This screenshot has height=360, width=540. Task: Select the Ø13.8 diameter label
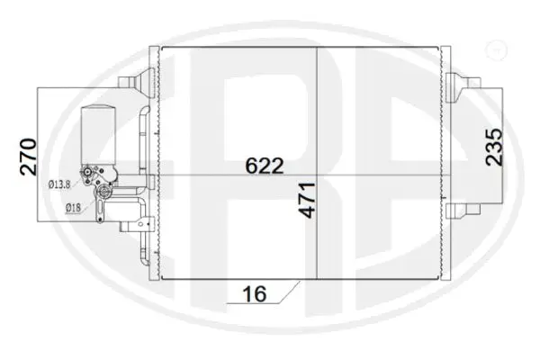[58, 184]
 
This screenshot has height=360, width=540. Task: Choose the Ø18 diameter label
[73, 208]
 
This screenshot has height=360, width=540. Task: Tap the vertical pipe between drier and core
[144, 135]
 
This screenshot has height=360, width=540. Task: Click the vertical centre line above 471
[316, 108]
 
